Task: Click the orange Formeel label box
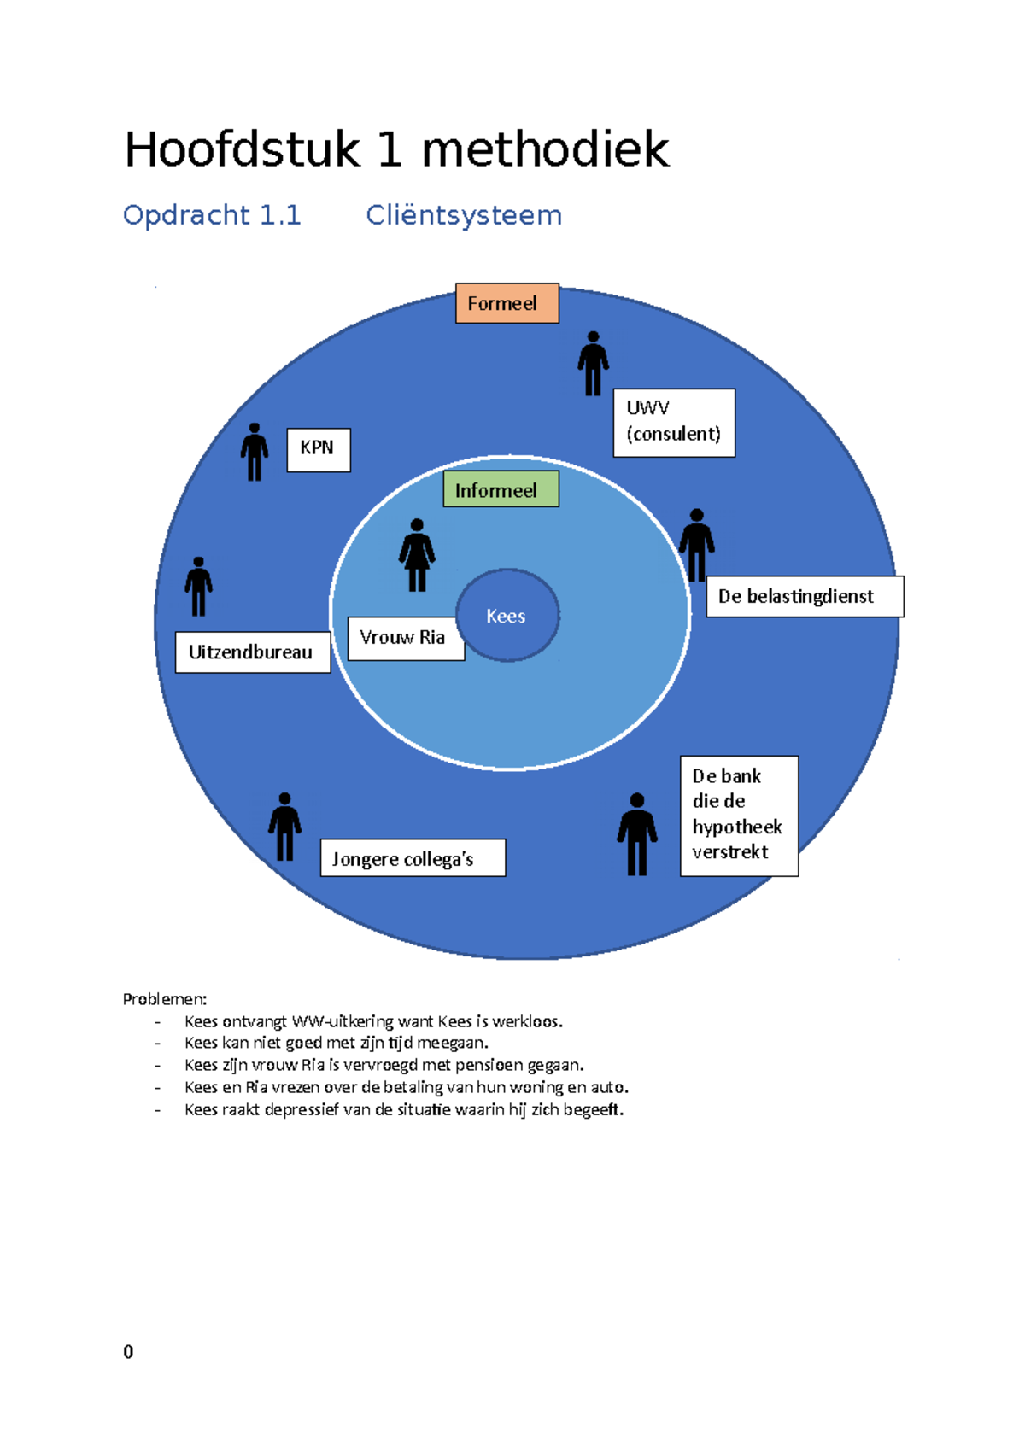click(x=507, y=303)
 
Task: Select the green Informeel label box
click(x=501, y=489)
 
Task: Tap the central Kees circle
click(x=507, y=615)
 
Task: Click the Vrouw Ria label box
click(x=406, y=638)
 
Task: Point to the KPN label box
click(x=318, y=449)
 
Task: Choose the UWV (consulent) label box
click(x=674, y=423)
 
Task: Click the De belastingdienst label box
click(x=804, y=596)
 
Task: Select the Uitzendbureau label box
click(x=252, y=652)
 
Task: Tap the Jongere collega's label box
click(x=413, y=858)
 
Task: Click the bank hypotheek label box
click(x=739, y=816)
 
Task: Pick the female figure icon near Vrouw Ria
click(x=417, y=555)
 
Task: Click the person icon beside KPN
click(x=254, y=452)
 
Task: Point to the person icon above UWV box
click(x=593, y=364)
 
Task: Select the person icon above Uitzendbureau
click(x=198, y=587)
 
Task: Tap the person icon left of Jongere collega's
click(x=284, y=827)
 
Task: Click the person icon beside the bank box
click(x=637, y=834)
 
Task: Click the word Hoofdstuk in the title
click(x=243, y=149)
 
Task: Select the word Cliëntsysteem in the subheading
click(x=464, y=215)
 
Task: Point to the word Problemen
click(x=164, y=999)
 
